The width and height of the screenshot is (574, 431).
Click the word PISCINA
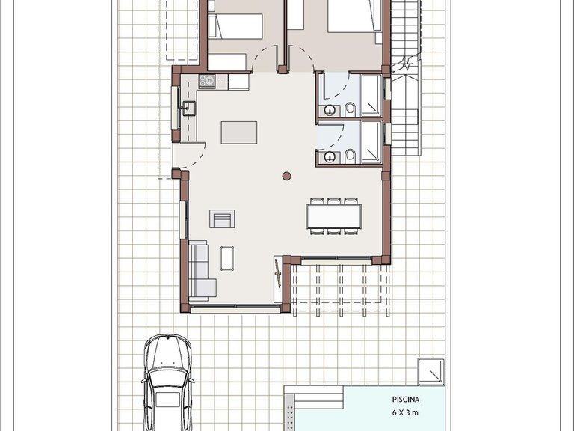[x=406, y=400]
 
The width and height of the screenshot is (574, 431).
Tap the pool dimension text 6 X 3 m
[x=405, y=413]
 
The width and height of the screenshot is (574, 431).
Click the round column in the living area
[x=287, y=177]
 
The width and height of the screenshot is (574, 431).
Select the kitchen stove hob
[x=207, y=81]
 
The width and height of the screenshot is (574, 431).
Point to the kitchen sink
[x=189, y=108]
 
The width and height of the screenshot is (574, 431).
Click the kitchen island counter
[x=238, y=132]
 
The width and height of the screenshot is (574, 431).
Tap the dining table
[x=334, y=216]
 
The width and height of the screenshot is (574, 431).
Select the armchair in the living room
[x=222, y=218]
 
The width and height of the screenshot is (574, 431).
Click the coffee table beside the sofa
[x=227, y=258]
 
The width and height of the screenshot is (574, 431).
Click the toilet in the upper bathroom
[x=350, y=108]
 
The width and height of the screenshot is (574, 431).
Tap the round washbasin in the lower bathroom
[x=330, y=157]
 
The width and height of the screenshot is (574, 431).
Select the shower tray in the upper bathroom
[x=371, y=96]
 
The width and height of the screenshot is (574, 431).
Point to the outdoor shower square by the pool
[x=431, y=372]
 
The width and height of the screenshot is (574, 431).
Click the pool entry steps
[x=314, y=398]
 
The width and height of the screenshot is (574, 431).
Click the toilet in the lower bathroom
[x=350, y=156]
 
